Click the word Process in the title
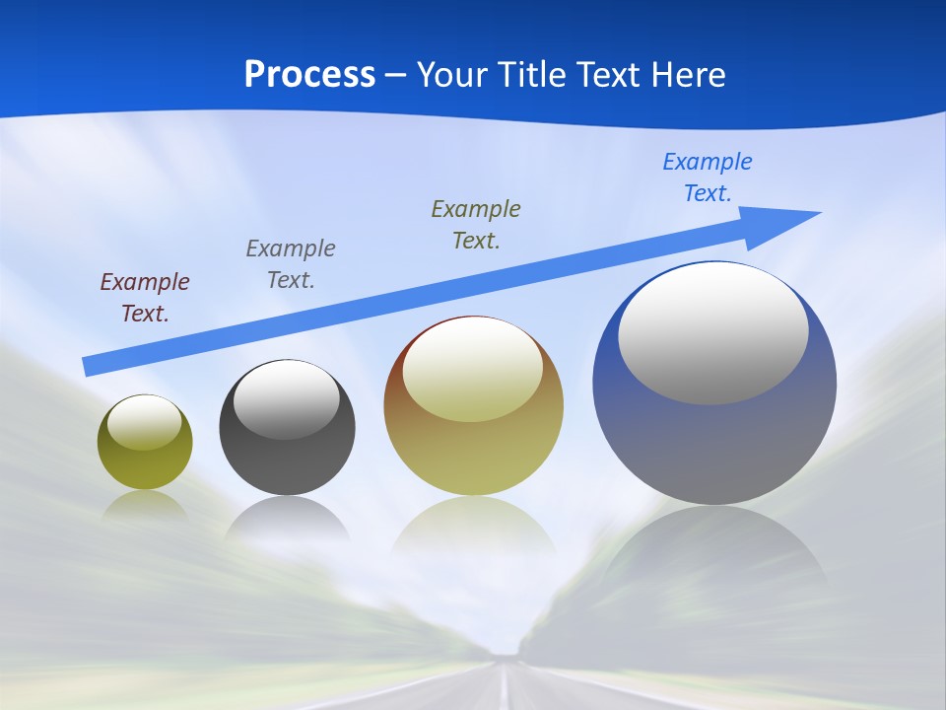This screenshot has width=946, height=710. coord(309,75)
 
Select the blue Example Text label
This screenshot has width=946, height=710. coord(707,177)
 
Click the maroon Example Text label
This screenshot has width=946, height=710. coord(145,298)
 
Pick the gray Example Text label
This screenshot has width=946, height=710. coord(291,263)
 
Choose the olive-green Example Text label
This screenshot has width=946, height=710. coord(476,224)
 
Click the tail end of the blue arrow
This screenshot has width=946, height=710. coord(91,366)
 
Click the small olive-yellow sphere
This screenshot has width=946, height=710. coord(145,463)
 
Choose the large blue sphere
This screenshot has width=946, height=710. coord(714,444)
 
